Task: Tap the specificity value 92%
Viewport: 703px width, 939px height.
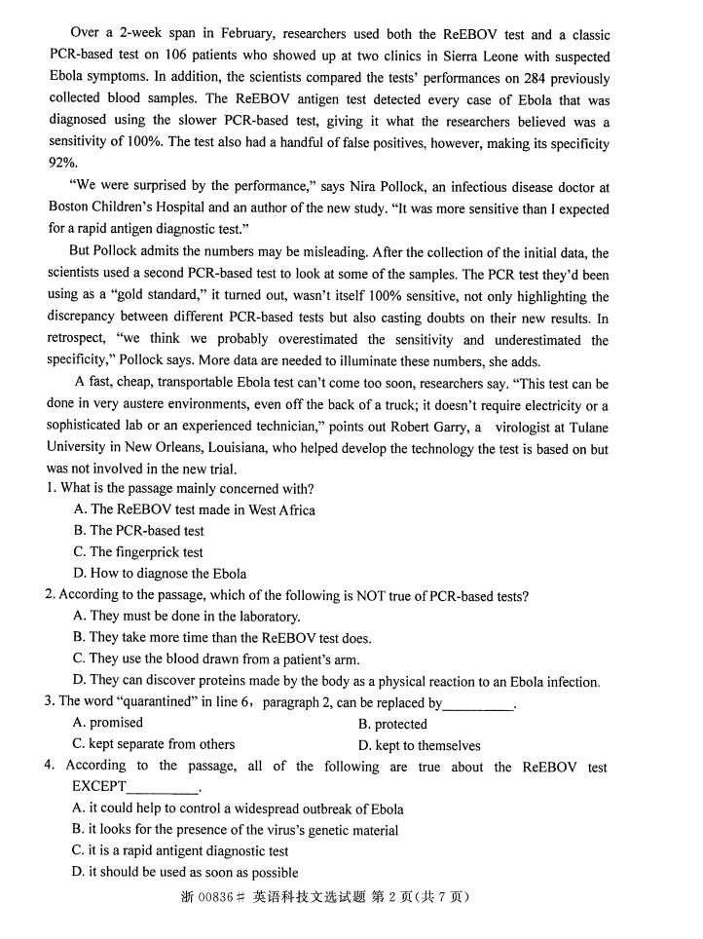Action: (62, 164)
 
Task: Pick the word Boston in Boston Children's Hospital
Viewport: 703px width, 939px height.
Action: (70, 207)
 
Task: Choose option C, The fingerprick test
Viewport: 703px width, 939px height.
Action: (138, 552)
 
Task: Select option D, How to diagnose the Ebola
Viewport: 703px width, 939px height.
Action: (160, 574)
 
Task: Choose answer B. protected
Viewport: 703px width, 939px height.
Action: (392, 724)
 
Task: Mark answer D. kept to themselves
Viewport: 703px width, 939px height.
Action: (419, 745)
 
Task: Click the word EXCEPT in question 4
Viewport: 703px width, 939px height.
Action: (98, 787)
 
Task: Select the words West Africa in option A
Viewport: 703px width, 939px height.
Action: (282, 509)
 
